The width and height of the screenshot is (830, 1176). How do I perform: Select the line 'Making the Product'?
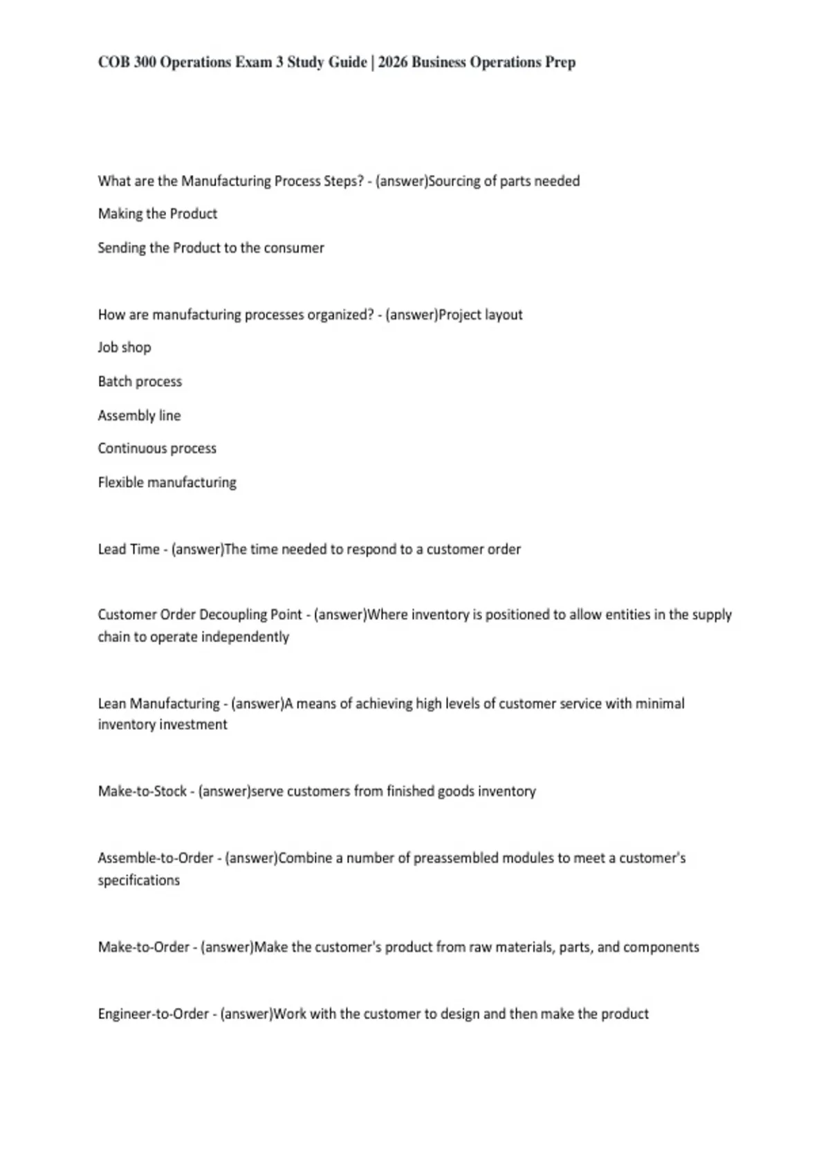click(158, 214)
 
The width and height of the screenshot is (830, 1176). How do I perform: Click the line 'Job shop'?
click(124, 347)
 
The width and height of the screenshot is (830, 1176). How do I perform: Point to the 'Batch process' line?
click(140, 381)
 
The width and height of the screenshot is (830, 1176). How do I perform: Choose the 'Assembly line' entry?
click(139, 415)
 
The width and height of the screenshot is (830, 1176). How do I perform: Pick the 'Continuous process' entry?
click(157, 448)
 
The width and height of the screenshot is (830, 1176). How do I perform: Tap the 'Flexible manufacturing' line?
click(167, 482)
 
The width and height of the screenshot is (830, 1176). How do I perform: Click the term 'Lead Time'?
click(129, 549)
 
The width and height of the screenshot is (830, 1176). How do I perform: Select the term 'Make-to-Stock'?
click(142, 791)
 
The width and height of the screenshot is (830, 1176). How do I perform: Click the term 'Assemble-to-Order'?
click(156, 858)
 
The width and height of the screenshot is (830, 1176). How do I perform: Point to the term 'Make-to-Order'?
click(143, 947)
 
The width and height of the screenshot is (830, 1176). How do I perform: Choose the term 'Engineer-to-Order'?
click(153, 1014)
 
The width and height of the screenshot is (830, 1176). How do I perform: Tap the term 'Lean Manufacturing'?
click(158, 704)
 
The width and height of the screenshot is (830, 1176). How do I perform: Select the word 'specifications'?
click(138, 881)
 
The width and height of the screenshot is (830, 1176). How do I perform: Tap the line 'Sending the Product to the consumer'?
click(211, 248)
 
